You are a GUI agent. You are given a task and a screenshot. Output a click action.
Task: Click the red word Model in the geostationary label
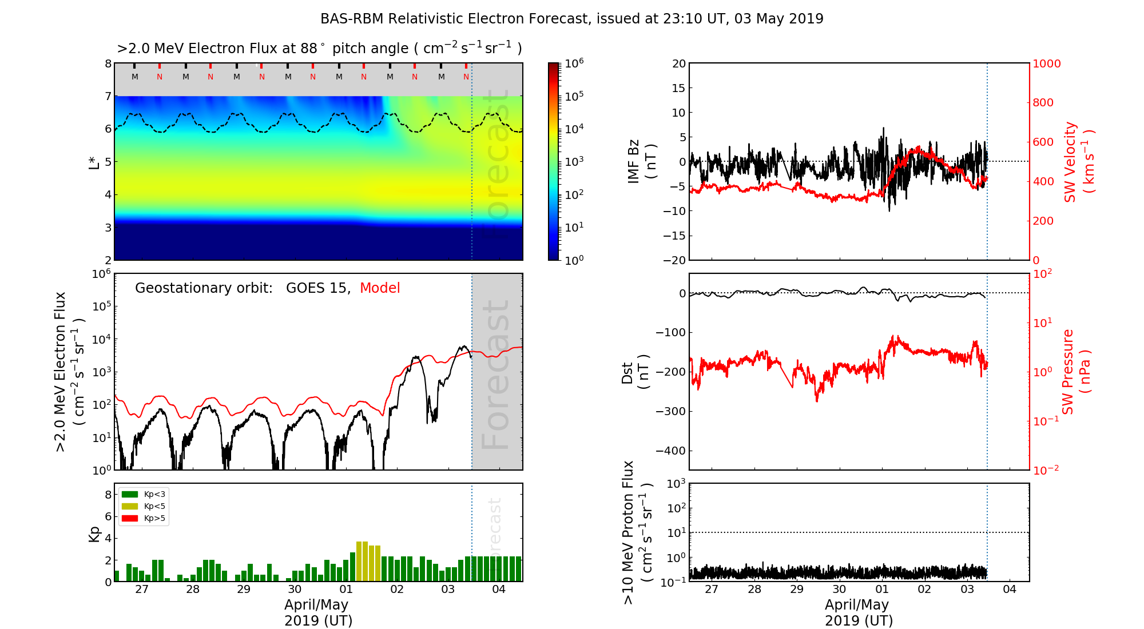380,288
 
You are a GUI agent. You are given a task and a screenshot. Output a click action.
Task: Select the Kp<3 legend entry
154,494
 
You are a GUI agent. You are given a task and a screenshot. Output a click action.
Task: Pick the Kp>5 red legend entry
154,519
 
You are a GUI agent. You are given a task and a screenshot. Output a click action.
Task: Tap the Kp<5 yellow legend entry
154,506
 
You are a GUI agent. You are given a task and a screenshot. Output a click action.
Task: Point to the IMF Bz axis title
642,162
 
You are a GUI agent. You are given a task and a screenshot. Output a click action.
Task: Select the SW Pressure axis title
1076,372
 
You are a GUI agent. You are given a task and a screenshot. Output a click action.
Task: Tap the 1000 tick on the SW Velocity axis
1046,63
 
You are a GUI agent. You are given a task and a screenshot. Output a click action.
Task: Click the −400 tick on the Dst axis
670,451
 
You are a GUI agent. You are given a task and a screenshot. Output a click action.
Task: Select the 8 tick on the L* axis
108,63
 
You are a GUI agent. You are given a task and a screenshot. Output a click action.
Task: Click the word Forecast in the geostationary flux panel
495,375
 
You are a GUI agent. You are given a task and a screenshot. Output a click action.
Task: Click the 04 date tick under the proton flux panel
1010,590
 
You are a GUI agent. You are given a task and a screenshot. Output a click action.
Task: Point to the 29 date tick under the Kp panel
244,590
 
